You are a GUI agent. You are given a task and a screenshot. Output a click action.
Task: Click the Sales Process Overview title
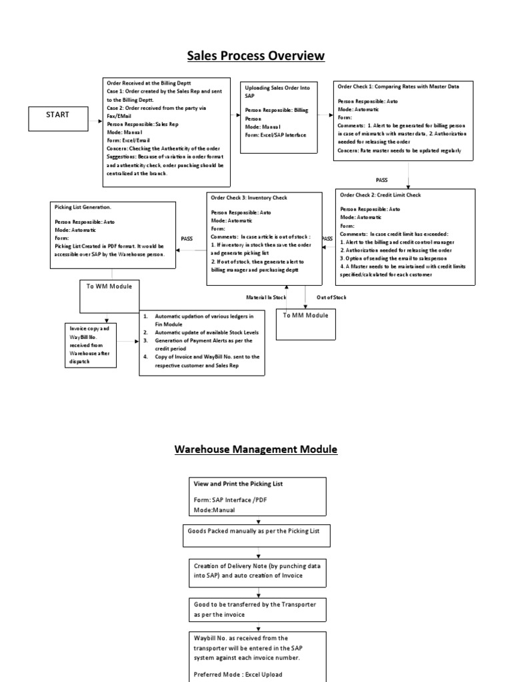click(x=255, y=55)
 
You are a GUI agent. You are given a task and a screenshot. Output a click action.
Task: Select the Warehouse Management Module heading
click(x=256, y=450)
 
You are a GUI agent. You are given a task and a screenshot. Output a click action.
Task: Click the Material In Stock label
click(x=266, y=298)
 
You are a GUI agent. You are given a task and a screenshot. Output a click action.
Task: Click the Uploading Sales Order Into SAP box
click(x=278, y=114)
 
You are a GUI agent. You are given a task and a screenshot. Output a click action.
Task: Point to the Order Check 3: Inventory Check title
click(x=249, y=197)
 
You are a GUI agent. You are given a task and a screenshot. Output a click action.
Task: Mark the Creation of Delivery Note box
click(x=255, y=570)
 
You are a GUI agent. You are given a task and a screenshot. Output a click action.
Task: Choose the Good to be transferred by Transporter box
click(x=255, y=608)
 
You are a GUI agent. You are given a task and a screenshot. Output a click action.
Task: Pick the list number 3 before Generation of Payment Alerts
click(x=145, y=341)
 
